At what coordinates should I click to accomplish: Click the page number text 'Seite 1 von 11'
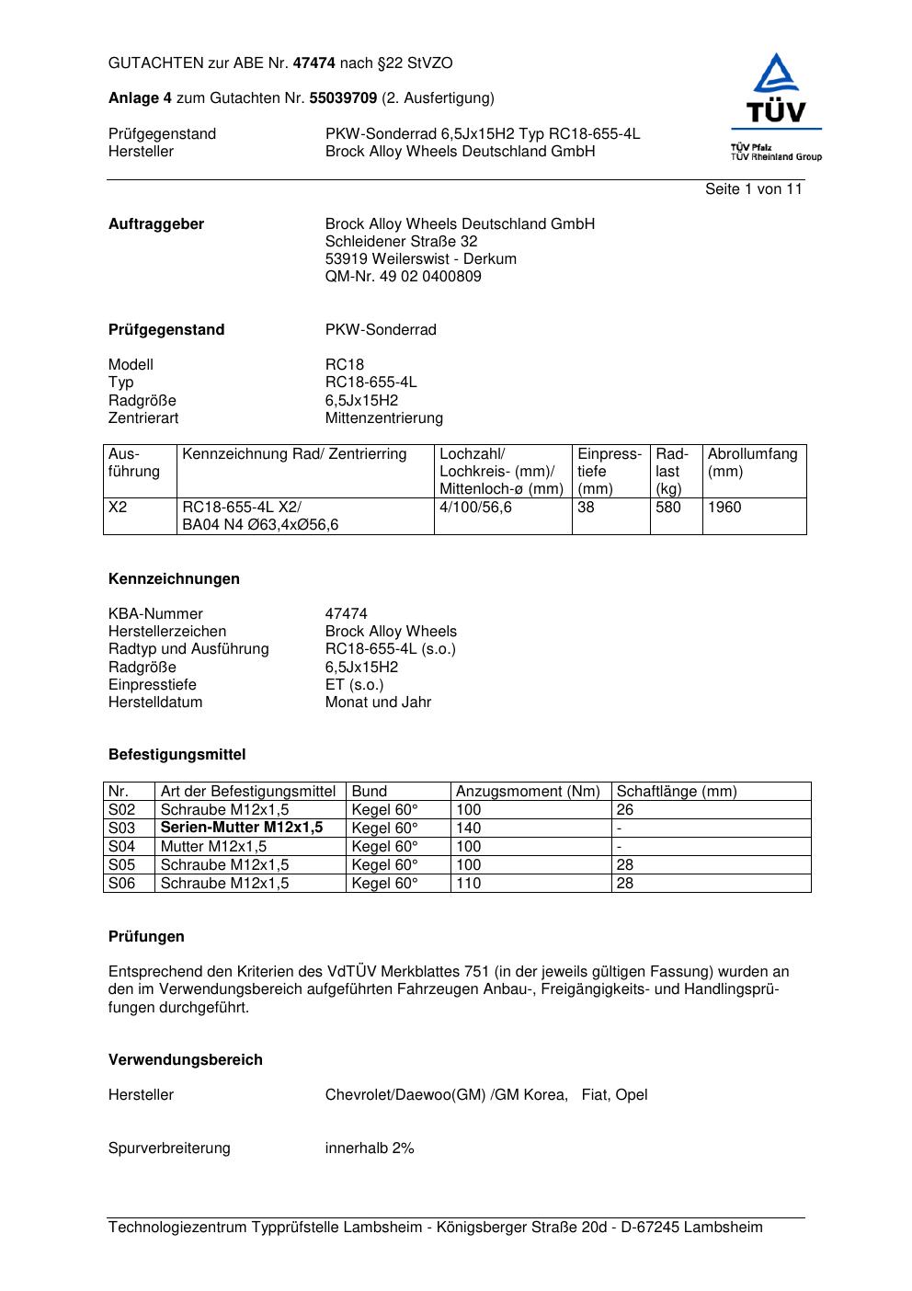click(753, 189)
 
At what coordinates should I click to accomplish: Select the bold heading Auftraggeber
click(156, 224)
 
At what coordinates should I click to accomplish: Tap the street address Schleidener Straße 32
click(401, 242)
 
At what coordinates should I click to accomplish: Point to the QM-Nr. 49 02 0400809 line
click(403, 277)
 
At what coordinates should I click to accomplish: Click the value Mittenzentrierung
click(383, 418)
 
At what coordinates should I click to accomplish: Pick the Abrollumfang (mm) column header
click(752, 463)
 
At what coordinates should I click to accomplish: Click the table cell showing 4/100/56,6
click(475, 508)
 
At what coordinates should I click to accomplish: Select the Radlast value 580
click(668, 508)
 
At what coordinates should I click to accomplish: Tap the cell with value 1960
click(724, 508)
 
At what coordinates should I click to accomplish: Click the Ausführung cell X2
click(118, 508)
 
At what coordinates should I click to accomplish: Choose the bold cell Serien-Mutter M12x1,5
click(242, 828)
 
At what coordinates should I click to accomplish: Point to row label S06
click(121, 884)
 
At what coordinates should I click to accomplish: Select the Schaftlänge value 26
click(625, 810)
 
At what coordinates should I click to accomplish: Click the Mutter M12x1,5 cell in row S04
click(213, 847)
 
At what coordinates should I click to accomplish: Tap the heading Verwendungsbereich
click(185, 1060)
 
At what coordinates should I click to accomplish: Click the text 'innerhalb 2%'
click(370, 1148)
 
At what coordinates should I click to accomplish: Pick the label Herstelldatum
click(155, 703)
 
